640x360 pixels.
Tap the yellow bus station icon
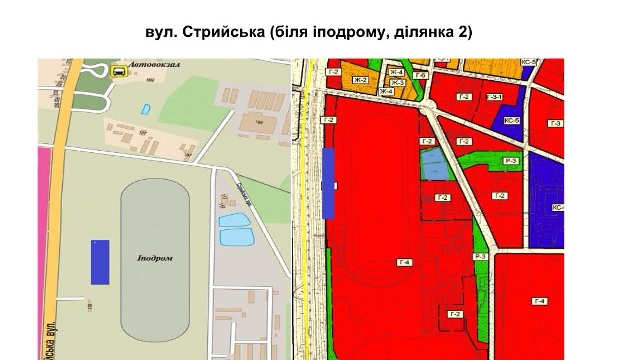(x=118, y=71)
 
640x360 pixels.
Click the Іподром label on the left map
(x=154, y=258)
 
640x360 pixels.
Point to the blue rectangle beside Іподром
(x=100, y=262)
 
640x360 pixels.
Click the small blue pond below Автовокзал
(x=145, y=108)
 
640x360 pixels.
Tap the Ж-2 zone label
(x=360, y=80)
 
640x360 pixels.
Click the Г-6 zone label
(x=421, y=75)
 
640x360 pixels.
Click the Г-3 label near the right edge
(x=555, y=123)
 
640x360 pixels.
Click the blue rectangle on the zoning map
(x=328, y=183)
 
